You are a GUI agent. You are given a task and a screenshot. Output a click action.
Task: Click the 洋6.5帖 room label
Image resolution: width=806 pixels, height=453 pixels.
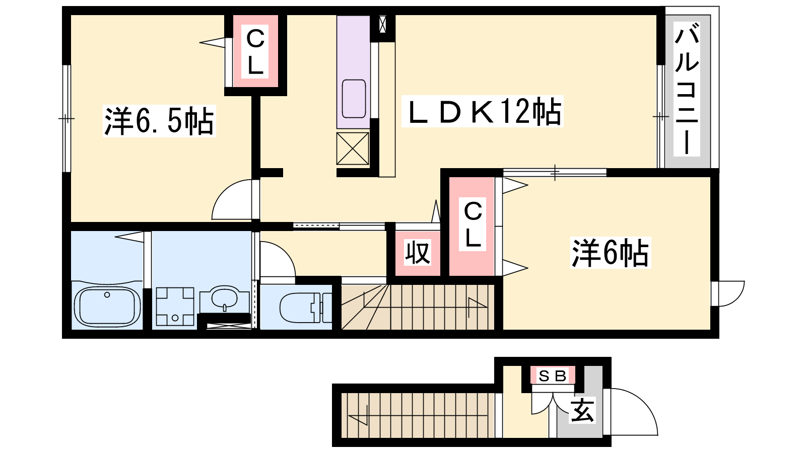click(x=159, y=121)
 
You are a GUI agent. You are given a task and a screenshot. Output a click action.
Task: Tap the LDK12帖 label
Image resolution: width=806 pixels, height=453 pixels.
click(x=482, y=111)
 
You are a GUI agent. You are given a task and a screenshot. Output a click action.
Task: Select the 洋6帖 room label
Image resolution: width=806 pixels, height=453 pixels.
click(x=610, y=252)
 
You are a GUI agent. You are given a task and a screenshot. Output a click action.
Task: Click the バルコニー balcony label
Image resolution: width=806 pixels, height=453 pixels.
click(x=687, y=89)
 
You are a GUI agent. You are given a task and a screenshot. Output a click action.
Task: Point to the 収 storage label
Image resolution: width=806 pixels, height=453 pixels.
click(x=418, y=252)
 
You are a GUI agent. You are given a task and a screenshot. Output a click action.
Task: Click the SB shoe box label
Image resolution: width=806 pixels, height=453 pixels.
click(x=553, y=376)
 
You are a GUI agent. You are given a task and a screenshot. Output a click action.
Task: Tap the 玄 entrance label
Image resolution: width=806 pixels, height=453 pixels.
click(x=582, y=410)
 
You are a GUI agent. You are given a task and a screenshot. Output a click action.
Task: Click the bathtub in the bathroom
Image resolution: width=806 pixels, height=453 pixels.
click(x=107, y=307)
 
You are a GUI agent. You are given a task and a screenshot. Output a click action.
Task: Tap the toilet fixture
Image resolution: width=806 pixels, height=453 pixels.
click(x=306, y=308)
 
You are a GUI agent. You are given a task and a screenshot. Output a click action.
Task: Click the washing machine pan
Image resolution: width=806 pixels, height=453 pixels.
click(x=175, y=307)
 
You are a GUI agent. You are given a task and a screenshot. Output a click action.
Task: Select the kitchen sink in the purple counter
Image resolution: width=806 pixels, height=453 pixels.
click(x=354, y=99)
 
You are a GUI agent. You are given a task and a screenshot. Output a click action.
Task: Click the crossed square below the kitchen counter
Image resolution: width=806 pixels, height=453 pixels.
click(x=353, y=148)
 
